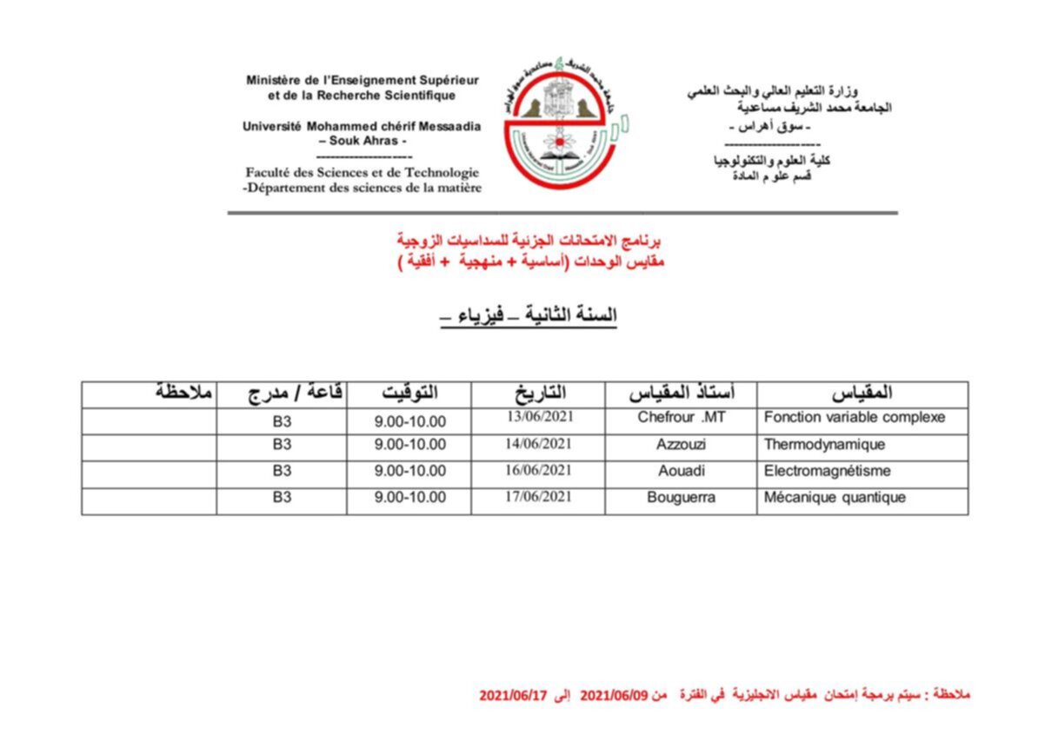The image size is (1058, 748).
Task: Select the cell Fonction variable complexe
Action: point(854,417)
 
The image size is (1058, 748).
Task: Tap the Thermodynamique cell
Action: point(824,445)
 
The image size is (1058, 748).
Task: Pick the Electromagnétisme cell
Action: point(827,472)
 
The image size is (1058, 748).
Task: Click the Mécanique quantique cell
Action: point(835,498)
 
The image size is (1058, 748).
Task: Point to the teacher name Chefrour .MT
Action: point(681,417)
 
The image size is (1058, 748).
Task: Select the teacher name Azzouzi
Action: point(682,445)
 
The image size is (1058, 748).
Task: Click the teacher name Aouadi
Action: point(682,472)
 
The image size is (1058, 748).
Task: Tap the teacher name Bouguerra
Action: point(682,498)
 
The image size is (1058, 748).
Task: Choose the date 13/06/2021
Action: point(539,416)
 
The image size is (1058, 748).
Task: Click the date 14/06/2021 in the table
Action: point(539,444)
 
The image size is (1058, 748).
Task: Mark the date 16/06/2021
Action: point(539,471)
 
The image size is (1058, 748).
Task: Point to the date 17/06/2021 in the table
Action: point(539,497)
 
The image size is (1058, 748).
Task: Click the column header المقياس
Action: point(862,394)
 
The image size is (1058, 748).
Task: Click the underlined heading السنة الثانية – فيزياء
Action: point(529,317)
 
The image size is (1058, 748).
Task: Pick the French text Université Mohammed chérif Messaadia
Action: point(362,126)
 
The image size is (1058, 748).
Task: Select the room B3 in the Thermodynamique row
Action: point(282,445)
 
